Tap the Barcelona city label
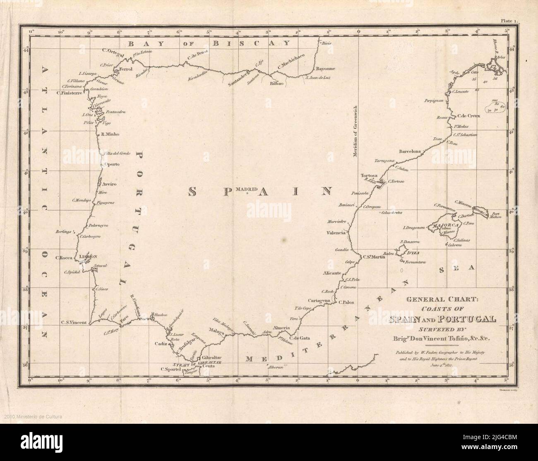[x=410, y=151]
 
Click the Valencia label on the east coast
[x=336, y=233]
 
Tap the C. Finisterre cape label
[x=70, y=93]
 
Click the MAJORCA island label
[x=445, y=225]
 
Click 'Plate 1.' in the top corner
[x=513, y=19]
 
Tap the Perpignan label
[x=434, y=100]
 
